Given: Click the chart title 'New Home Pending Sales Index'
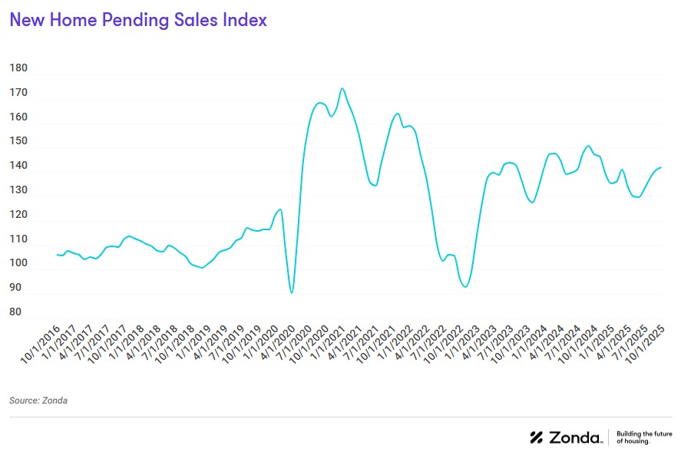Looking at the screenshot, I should [138, 21].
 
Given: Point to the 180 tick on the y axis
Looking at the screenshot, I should [18, 68].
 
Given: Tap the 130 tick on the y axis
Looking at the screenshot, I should [18, 190].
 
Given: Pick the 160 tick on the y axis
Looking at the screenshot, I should [18, 117].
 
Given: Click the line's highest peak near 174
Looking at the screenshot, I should [342, 88].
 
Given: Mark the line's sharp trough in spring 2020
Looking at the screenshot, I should [292, 293].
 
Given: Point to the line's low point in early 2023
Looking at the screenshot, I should [465, 287].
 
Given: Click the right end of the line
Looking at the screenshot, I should [661, 167].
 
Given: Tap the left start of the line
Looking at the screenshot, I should [57, 254].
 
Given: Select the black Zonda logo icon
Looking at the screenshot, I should [537, 437].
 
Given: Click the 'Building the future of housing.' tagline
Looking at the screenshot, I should [634, 437].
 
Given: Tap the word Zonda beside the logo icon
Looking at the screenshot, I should [576, 437].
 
